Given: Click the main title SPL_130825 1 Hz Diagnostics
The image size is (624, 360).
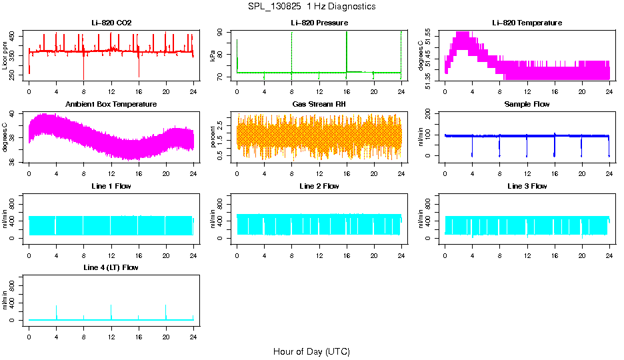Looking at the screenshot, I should point(311,6).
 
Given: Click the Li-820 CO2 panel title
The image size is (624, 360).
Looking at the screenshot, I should point(111,23).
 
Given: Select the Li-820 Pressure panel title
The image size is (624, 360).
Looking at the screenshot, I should point(319,23).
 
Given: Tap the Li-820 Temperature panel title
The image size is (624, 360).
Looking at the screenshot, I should point(527,23).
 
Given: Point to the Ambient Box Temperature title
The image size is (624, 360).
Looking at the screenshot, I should point(111,104).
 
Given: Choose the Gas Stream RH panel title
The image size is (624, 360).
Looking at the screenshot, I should point(319,104).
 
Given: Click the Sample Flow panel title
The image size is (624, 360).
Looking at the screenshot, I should point(527,104).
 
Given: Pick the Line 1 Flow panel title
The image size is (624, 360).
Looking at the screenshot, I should point(111,186).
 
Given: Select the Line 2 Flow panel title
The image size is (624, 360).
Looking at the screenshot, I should point(319,186).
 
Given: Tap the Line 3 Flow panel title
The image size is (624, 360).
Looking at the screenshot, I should point(527,186).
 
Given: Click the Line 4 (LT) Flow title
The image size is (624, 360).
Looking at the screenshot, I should point(111,267).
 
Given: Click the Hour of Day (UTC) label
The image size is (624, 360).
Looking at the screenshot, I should point(311,351).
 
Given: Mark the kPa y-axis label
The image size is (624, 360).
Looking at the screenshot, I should point(213,55).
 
